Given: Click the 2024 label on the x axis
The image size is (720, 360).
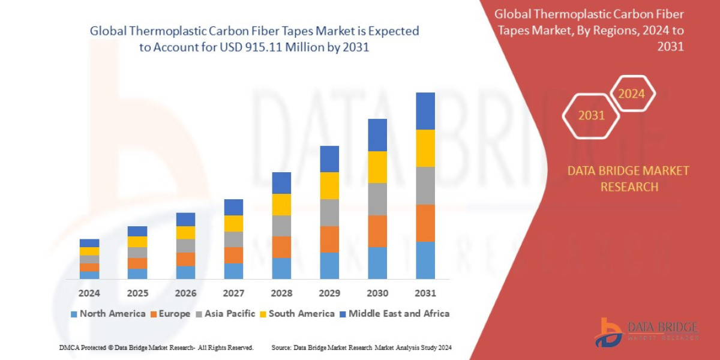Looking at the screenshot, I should click(89, 293).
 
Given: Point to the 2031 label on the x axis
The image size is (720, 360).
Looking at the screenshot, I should click(425, 293).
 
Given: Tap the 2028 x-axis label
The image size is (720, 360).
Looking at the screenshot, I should click(281, 293).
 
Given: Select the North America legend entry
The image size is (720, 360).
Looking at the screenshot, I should click(107, 313).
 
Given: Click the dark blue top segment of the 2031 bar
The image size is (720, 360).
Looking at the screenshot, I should click(425, 111).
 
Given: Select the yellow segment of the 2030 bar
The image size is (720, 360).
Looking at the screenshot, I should click(377, 167).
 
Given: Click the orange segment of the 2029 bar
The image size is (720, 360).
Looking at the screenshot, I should click(329, 239).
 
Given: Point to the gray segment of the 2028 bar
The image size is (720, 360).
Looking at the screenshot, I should click(281, 226).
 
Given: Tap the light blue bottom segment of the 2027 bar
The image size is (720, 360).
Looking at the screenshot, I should click(233, 271).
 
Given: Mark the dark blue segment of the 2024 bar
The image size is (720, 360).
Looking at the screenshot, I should click(89, 243).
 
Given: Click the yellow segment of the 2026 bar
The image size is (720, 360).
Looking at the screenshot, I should click(185, 232).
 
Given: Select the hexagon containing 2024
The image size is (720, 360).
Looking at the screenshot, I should click(631, 94).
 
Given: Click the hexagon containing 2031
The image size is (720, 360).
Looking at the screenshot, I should click(591, 115).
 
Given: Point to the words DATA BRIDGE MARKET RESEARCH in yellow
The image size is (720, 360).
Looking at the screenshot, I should click(628, 179).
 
